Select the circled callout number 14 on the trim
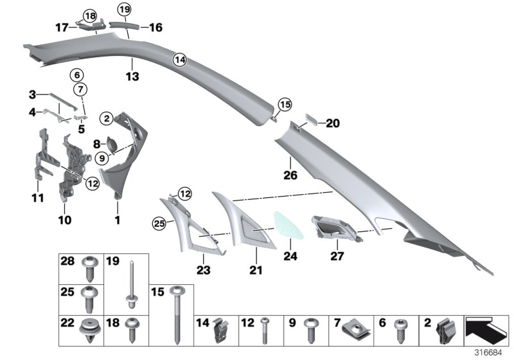180,59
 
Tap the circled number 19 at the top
124,9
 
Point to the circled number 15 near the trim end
284,103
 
